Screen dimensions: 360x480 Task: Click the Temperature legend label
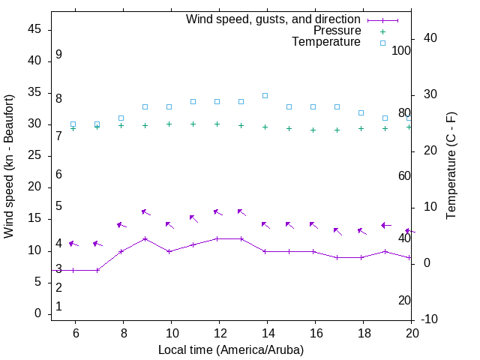pyautogui.click(x=326, y=42)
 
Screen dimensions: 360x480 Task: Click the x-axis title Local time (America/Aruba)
pyautogui.click(x=231, y=349)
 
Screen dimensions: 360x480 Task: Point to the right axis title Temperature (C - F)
pyautogui.click(x=451, y=166)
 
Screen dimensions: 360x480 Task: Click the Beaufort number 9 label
pyautogui.click(x=58, y=55)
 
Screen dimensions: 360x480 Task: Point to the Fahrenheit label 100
pyautogui.click(x=401, y=50)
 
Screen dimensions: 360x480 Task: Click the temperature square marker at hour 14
pyautogui.click(x=265, y=95)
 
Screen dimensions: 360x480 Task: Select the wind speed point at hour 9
pyautogui.click(x=145, y=238)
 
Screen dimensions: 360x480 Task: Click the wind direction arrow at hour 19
pyautogui.click(x=385, y=225)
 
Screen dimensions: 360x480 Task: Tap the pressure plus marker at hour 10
pyautogui.click(x=169, y=124)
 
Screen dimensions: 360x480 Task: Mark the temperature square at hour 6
pyautogui.click(x=73, y=124)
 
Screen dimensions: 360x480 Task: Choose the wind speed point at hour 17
pyautogui.click(x=337, y=257)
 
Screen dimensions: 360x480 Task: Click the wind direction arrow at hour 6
pyautogui.click(x=73, y=244)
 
